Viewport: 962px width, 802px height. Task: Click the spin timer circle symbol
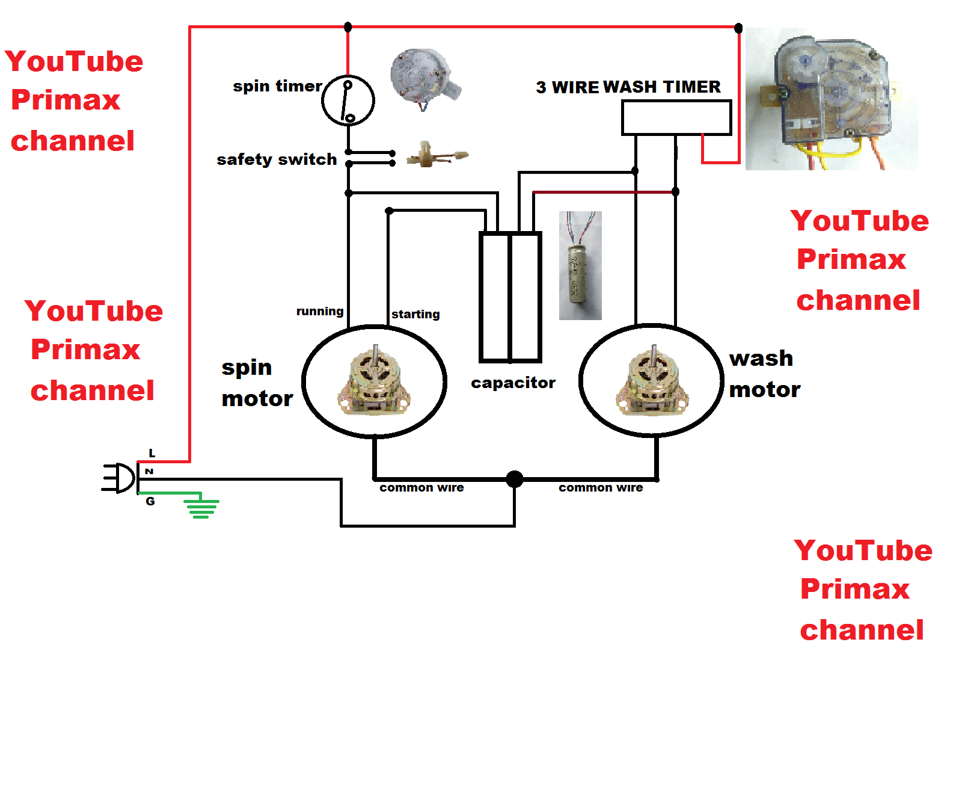click(348, 100)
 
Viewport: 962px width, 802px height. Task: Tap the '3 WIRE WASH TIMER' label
click(628, 87)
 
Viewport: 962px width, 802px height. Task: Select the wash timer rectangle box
click(676, 117)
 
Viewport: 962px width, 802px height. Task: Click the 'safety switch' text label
click(277, 159)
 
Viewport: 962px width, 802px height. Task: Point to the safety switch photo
click(436, 155)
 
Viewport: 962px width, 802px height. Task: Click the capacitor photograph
click(580, 266)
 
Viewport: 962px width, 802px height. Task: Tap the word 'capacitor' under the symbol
click(513, 383)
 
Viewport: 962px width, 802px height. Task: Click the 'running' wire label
click(319, 311)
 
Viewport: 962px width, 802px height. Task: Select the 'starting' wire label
click(415, 314)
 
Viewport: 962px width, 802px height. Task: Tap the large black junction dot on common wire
click(515, 479)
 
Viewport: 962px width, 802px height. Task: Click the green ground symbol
click(202, 507)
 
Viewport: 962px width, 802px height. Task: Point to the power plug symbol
click(119, 478)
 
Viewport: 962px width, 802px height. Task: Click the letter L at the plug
click(152, 453)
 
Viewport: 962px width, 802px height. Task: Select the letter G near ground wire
click(150, 501)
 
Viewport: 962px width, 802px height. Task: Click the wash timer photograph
click(832, 99)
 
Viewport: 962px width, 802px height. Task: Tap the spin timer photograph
click(424, 78)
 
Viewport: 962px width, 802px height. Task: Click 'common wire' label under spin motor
click(421, 488)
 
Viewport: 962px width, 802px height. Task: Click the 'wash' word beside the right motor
click(761, 359)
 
